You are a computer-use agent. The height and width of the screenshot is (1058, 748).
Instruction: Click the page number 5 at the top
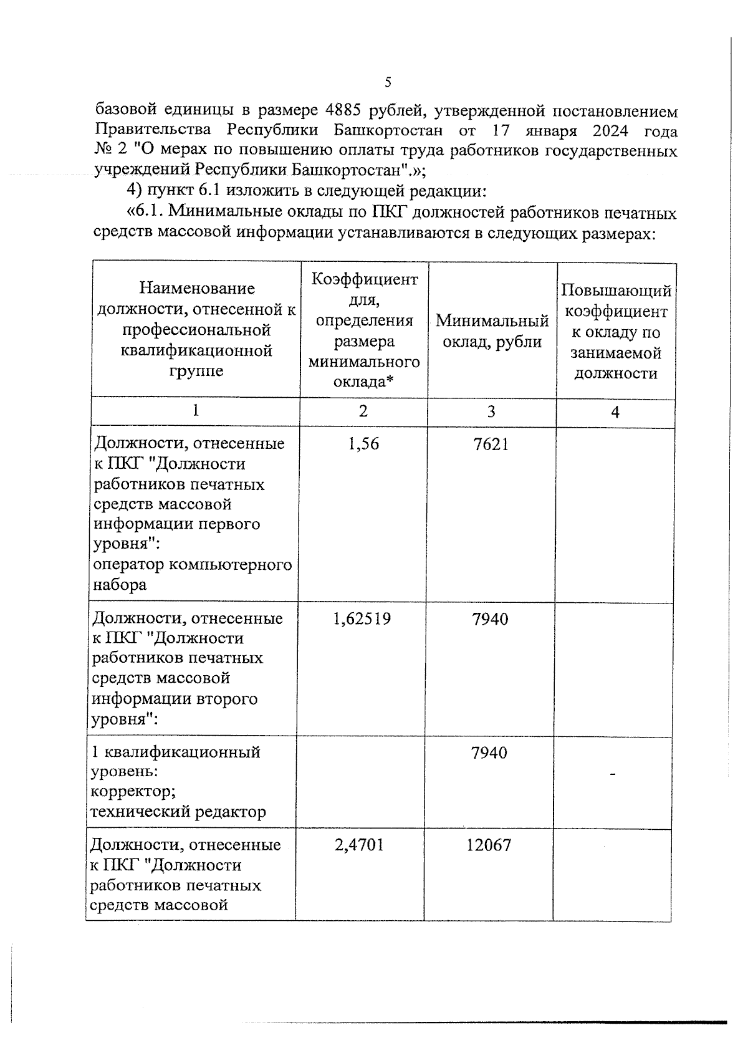(388, 82)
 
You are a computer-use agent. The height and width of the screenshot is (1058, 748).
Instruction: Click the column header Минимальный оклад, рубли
(492, 331)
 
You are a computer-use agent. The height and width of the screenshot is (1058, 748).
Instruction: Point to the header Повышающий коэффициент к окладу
(615, 332)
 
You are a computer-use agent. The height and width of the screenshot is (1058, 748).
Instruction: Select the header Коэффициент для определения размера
(364, 330)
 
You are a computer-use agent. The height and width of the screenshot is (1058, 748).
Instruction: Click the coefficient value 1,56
(364, 444)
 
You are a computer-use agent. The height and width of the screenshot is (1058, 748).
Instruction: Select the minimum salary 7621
(491, 444)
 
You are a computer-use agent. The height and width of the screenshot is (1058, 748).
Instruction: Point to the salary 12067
(489, 845)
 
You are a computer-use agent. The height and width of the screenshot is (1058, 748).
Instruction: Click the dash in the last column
(613, 774)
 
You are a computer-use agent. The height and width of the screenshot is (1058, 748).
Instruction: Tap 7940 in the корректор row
(489, 753)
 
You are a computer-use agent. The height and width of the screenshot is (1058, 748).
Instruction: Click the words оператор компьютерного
(193, 564)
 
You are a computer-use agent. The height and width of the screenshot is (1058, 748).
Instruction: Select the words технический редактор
(178, 812)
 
